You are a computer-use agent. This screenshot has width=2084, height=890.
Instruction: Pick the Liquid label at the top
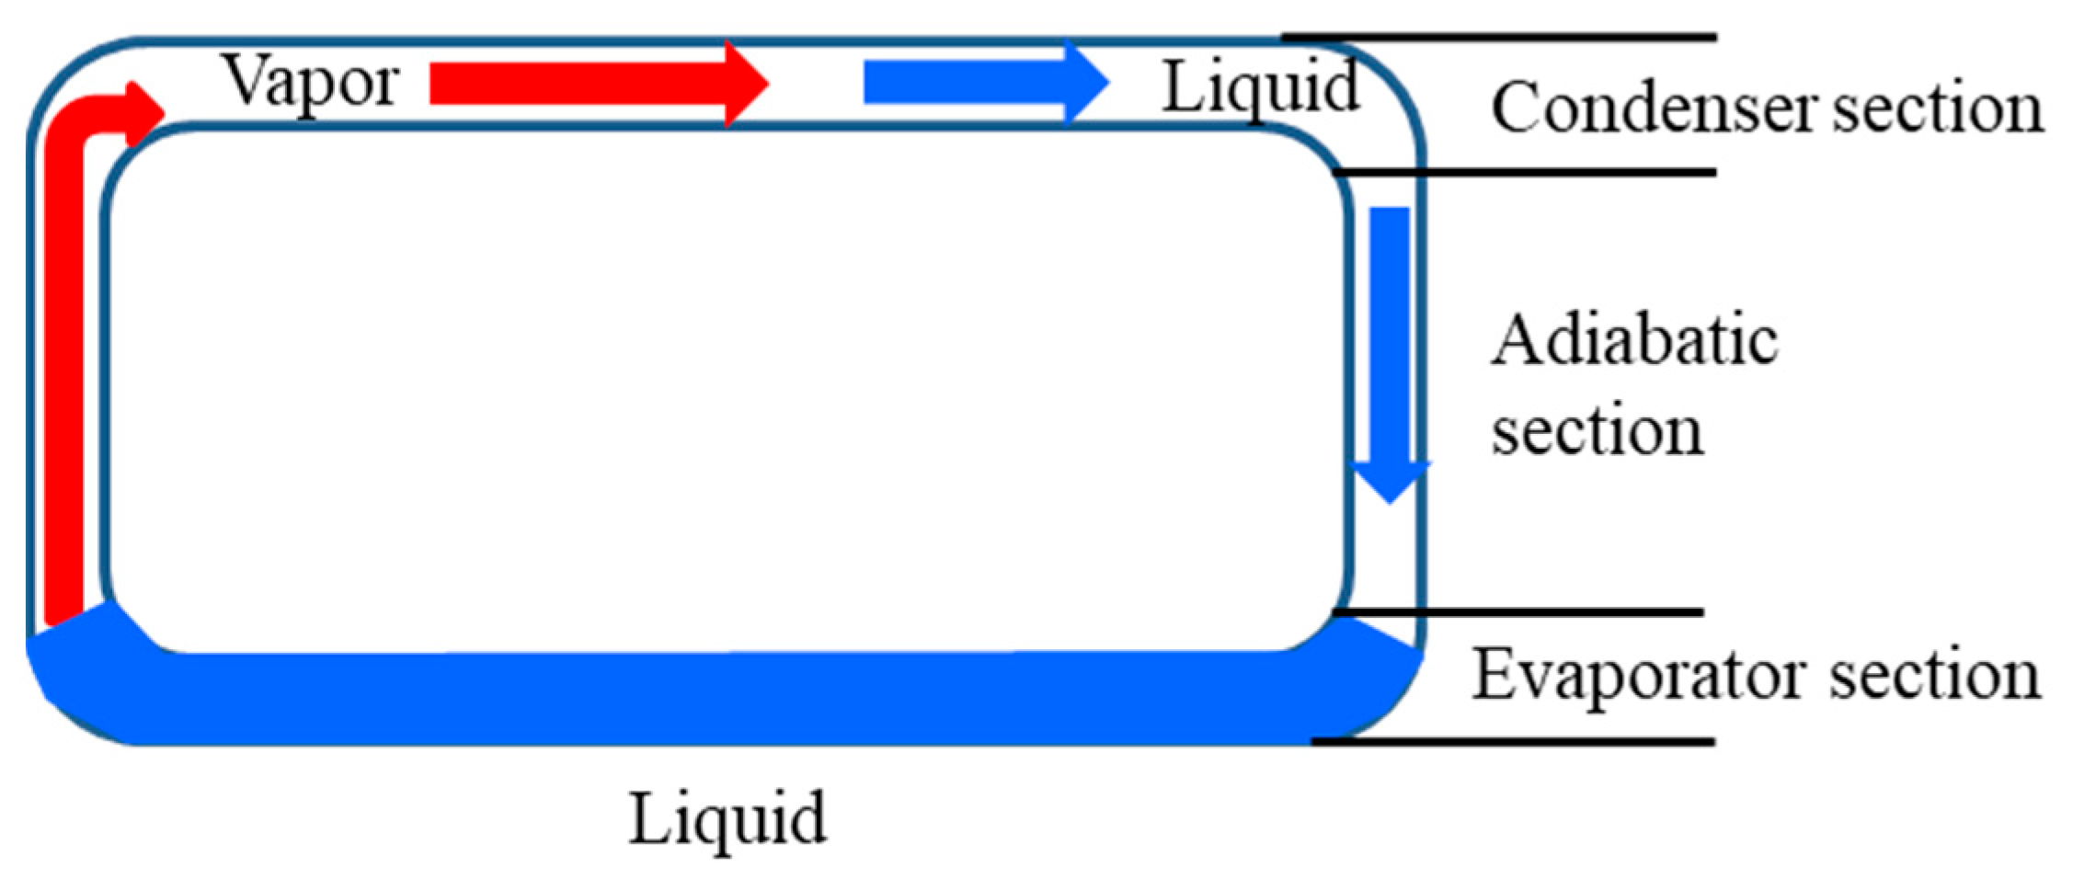(x=1261, y=87)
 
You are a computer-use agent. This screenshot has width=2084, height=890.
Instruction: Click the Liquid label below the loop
(x=727, y=818)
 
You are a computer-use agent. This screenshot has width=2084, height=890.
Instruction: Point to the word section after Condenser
(x=1938, y=108)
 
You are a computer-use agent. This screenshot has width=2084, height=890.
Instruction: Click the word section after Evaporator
(x=1935, y=676)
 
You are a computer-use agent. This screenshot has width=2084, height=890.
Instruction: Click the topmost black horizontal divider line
(x=1499, y=38)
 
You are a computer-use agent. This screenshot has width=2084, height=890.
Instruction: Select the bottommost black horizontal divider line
(x=1513, y=741)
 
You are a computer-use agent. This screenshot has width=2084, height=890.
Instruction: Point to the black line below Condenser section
(x=1527, y=172)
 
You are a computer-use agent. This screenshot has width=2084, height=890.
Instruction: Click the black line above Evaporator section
(x=1517, y=611)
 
